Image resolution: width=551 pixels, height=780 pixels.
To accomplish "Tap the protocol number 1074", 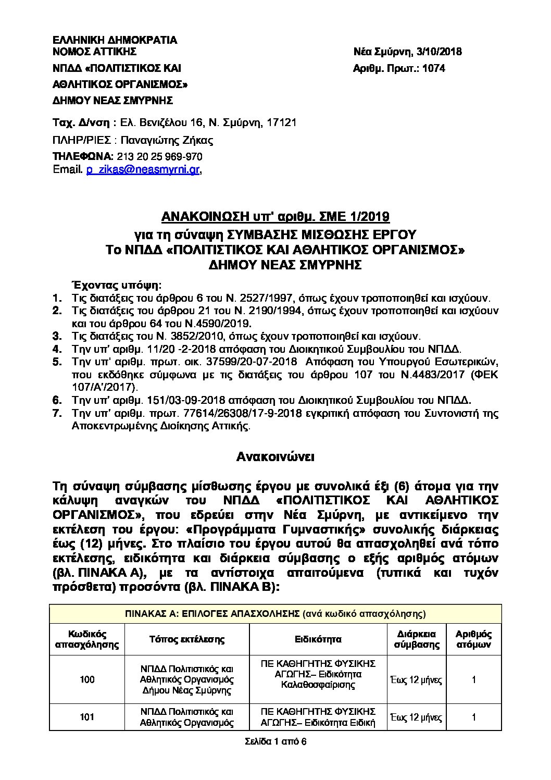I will [x=435, y=68].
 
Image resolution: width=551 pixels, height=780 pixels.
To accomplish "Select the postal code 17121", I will [x=282, y=123].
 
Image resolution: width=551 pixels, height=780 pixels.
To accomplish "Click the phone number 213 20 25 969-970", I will [x=160, y=157].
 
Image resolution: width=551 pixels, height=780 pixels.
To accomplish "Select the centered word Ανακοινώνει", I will [x=275, y=457].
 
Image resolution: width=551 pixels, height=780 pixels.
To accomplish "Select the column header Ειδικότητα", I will [x=318, y=639].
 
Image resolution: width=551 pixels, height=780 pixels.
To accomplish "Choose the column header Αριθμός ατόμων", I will [x=473, y=639].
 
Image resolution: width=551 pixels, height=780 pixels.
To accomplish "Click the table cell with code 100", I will [x=87, y=679].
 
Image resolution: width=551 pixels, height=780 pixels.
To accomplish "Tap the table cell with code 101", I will [x=87, y=717].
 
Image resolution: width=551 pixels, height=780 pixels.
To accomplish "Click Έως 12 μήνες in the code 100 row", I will [x=416, y=679].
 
